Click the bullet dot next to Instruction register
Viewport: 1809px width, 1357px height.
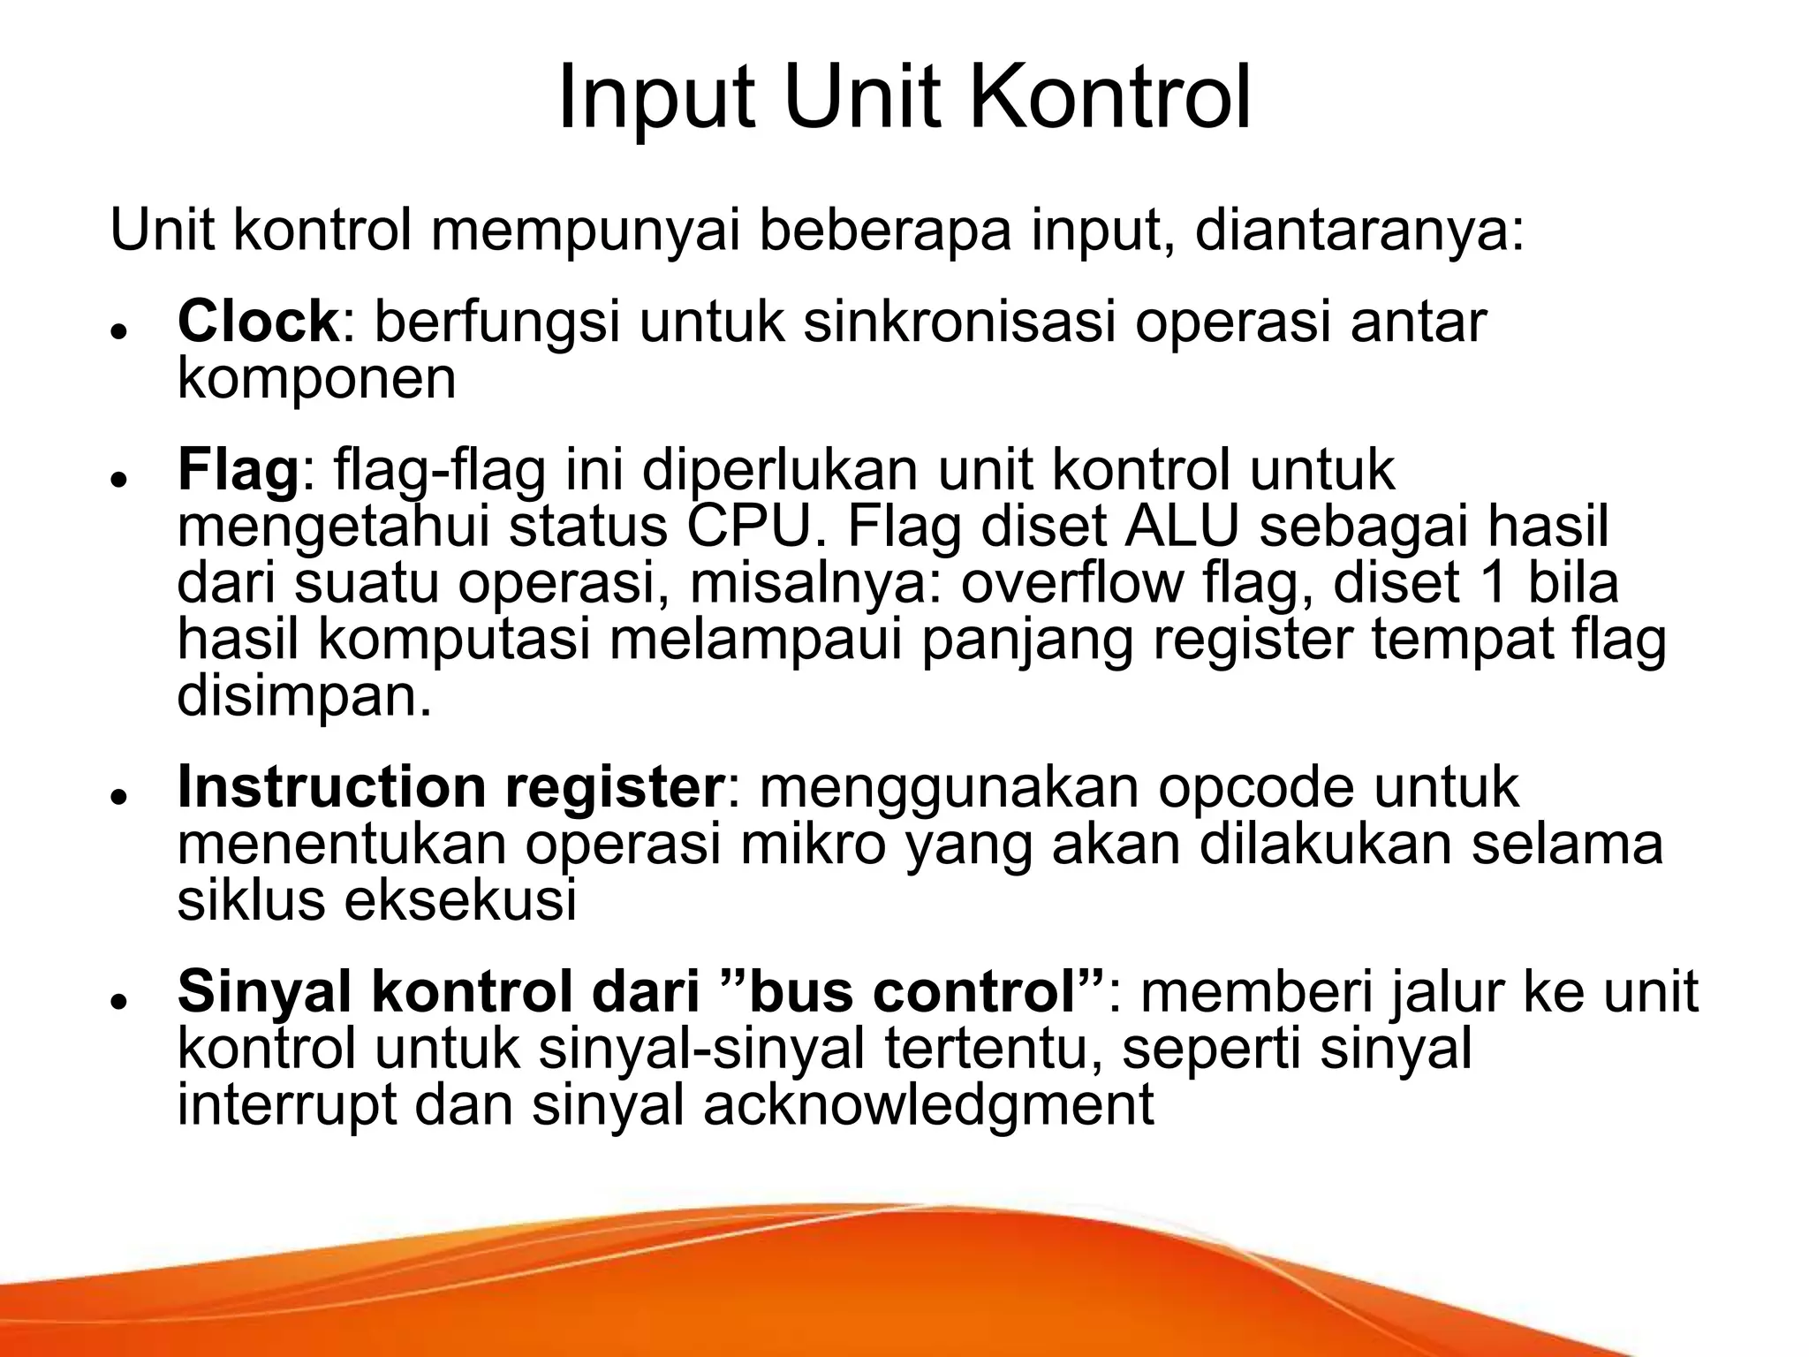tap(117, 795)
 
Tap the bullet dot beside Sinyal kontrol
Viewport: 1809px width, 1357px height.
tap(117, 1000)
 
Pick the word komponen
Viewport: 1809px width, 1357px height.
tap(316, 380)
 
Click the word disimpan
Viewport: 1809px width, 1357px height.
tap(305, 698)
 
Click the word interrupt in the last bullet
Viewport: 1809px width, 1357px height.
tap(287, 1106)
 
